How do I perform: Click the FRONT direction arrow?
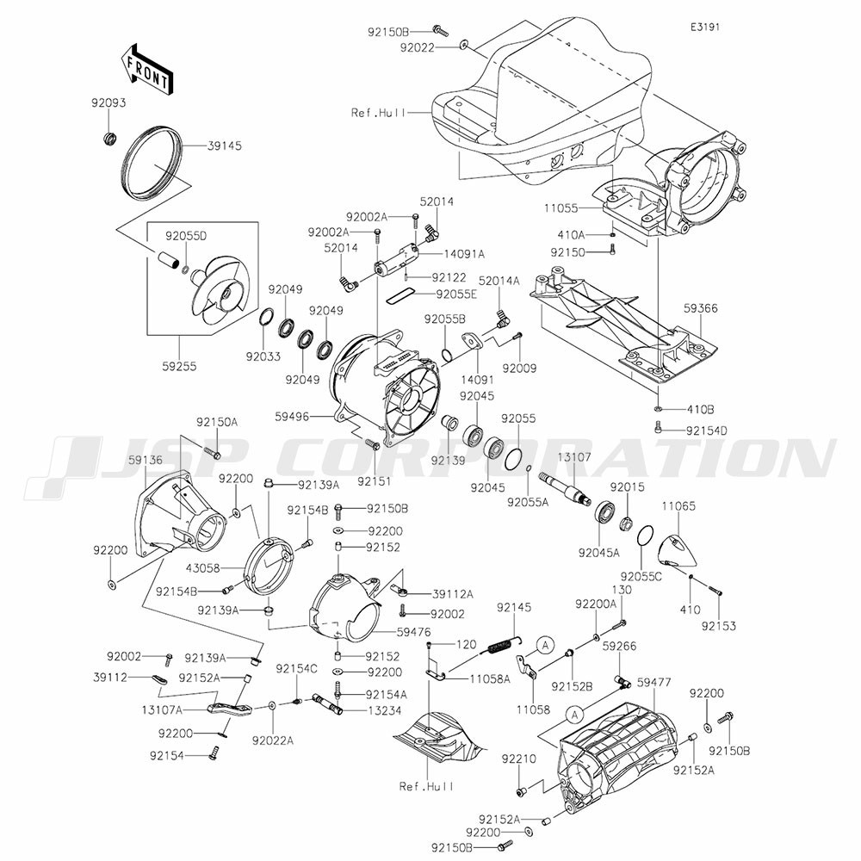click(147, 70)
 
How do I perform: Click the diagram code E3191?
click(705, 27)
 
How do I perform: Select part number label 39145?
click(225, 146)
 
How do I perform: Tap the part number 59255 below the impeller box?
click(180, 366)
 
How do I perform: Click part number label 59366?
click(701, 308)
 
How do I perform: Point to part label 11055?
click(561, 208)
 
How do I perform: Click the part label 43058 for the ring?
click(203, 568)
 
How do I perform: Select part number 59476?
click(414, 633)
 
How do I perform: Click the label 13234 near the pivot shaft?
click(384, 710)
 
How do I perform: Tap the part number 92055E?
click(457, 294)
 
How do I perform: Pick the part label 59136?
click(146, 460)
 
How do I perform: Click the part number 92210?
click(519, 759)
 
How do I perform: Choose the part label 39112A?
click(453, 594)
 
